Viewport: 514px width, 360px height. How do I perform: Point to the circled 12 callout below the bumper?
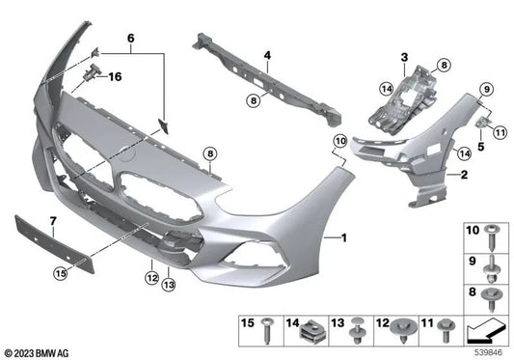tap(151, 277)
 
